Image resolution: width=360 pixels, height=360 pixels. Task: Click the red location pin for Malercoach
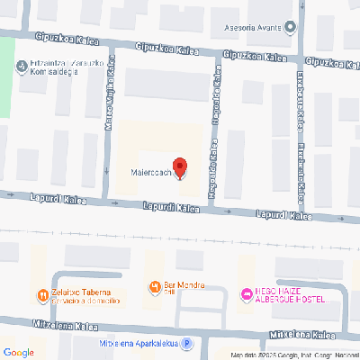click(x=179, y=167)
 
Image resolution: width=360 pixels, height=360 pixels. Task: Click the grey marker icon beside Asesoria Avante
click(x=290, y=27)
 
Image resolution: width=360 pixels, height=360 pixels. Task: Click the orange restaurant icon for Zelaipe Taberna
click(x=40, y=294)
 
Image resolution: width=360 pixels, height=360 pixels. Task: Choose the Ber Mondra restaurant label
click(x=184, y=286)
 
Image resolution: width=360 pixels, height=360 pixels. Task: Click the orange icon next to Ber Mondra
click(x=152, y=287)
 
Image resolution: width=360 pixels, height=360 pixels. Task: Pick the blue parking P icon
click(x=186, y=343)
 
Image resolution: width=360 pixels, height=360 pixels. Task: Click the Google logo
click(x=19, y=352)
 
